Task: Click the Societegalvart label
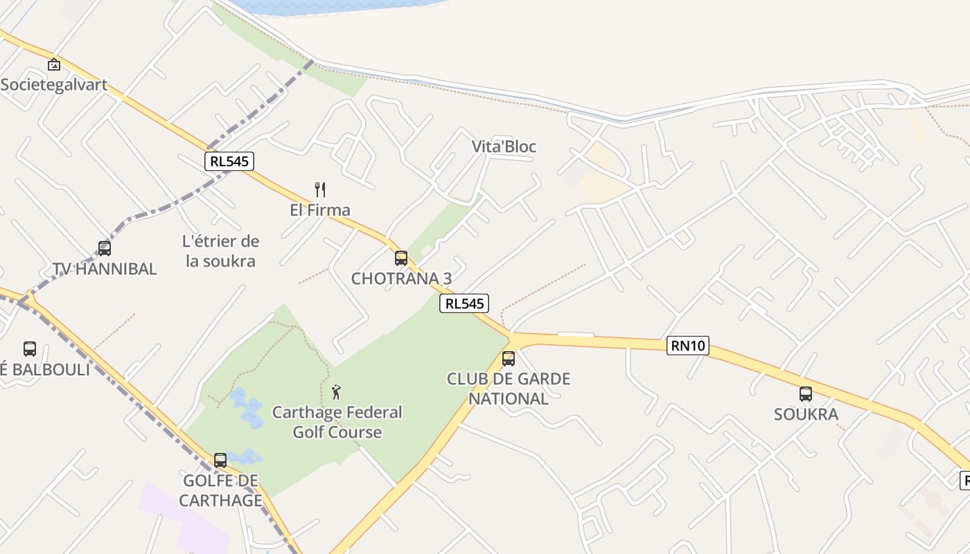click(54, 84)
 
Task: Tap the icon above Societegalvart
click(54, 64)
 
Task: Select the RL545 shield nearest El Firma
click(230, 161)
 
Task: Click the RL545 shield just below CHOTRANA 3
click(464, 303)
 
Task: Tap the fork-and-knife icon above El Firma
click(320, 189)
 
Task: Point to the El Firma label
click(320, 210)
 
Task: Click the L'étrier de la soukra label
click(221, 251)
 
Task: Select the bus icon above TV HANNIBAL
click(105, 248)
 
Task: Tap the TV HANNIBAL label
click(105, 269)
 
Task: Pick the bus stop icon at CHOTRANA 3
click(401, 258)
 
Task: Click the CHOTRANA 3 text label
click(401, 278)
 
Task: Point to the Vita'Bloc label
click(504, 147)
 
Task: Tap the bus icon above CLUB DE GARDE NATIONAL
click(509, 358)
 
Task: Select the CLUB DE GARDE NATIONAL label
click(509, 388)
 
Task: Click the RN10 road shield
click(688, 345)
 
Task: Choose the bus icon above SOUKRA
click(806, 394)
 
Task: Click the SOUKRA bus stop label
click(806, 414)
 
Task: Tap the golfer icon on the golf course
click(337, 392)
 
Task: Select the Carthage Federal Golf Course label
click(337, 422)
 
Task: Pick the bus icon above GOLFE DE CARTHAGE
click(220, 460)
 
